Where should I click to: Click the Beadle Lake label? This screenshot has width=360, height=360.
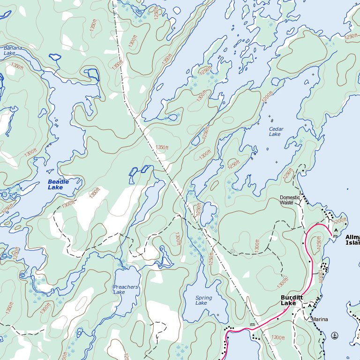click(58, 185)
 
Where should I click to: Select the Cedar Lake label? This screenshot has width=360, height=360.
click(275, 131)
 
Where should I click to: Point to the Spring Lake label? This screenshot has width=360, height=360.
click(203, 300)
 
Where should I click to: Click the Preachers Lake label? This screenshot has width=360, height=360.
click(125, 289)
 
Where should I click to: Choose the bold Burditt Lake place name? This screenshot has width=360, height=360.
click(292, 300)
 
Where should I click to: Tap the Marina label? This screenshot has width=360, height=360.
click(320, 319)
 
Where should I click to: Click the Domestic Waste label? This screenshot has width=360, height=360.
click(290, 200)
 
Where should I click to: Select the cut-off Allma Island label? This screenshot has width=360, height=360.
click(352, 240)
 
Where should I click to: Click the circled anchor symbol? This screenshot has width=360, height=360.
click(335, 335)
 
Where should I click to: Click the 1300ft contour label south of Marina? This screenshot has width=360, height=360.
click(277, 337)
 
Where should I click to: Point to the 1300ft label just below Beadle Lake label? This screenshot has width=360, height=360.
click(68, 204)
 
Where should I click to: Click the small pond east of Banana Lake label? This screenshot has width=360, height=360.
click(55, 57)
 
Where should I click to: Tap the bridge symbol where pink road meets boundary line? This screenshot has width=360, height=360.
click(252, 324)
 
